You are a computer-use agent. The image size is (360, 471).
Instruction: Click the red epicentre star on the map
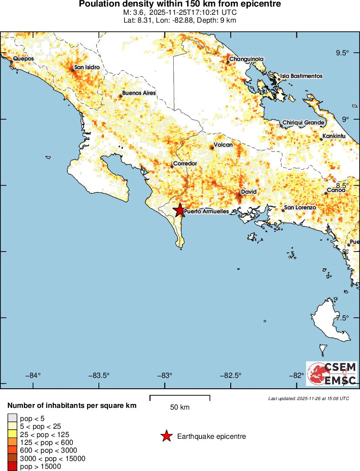[179, 210]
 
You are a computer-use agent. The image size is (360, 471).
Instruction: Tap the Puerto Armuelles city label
[206, 212]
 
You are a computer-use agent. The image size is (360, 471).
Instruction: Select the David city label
[249, 192]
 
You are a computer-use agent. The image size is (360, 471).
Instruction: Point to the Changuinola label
[246, 59]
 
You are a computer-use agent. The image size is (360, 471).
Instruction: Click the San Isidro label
[87, 67]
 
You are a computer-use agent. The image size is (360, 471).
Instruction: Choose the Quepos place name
[23, 58]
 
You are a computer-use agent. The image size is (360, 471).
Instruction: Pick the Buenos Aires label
[138, 93]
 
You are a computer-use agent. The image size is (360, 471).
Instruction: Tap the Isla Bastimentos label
[301, 76]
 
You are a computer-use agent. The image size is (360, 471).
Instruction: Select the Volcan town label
[223, 145]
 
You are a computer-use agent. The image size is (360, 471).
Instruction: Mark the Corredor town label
[185, 164]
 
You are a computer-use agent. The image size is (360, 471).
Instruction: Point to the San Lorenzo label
[300, 208]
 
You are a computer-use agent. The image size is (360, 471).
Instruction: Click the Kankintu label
[334, 136]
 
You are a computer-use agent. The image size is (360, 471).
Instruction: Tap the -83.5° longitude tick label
[99, 376]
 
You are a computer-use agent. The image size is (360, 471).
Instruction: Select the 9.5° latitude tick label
[342, 53]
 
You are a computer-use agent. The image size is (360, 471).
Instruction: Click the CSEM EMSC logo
[332, 374]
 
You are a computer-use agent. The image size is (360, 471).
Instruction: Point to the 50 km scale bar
[180, 398]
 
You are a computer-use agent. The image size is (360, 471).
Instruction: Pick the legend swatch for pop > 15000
[12, 467]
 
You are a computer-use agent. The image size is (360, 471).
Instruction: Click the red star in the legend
[166, 436]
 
